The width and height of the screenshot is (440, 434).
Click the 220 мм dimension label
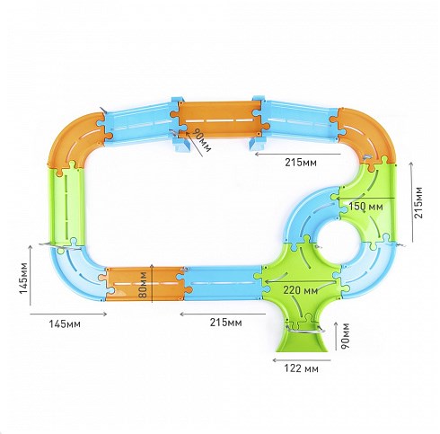(300, 290)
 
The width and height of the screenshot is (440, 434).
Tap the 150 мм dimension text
(365, 207)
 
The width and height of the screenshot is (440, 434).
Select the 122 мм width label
(301, 368)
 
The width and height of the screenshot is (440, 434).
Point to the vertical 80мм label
(144, 285)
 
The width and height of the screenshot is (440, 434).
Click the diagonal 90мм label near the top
(201, 140)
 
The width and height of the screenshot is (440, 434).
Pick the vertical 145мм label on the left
(24, 279)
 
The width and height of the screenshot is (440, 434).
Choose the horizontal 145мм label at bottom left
(65, 323)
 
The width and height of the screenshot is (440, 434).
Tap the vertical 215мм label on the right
(419, 202)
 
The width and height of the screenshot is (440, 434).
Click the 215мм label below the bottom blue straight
(225, 323)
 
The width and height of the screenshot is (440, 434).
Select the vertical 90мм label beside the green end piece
(345, 335)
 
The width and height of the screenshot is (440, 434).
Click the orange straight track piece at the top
(220, 120)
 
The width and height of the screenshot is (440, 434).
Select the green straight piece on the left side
(66, 207)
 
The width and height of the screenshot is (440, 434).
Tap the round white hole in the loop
(338, 244)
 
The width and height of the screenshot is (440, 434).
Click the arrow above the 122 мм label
(302, 360)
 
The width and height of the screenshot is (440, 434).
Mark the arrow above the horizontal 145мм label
(68, 314)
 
